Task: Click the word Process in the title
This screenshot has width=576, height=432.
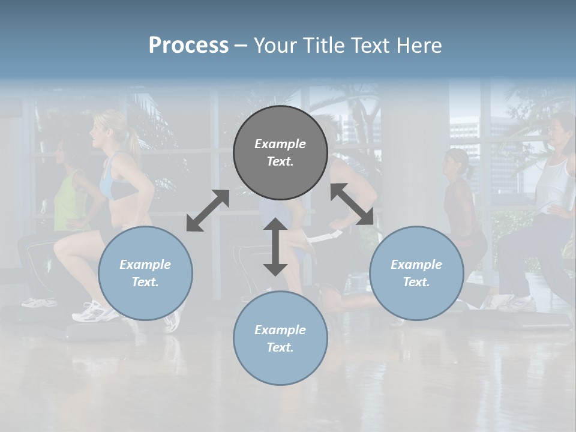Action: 188,46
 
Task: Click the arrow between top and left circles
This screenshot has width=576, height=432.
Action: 208,211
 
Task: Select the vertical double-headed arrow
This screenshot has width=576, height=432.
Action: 275,247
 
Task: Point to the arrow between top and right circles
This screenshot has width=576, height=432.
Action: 352,205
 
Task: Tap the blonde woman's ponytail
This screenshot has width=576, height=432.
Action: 132,144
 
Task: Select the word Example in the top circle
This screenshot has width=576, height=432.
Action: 280,144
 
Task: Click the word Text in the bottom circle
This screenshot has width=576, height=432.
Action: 280,347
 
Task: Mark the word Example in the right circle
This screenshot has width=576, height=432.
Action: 416,265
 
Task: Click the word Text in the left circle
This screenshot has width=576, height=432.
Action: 145,282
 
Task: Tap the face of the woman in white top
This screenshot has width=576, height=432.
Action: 553,128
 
